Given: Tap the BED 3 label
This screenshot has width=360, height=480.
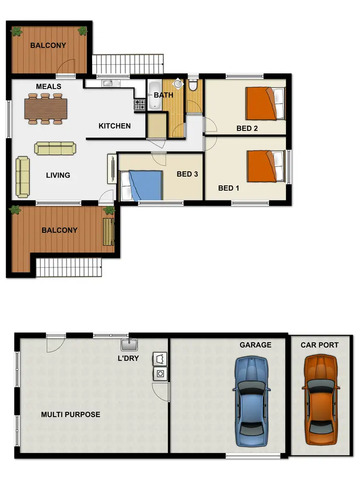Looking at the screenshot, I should click(x=187, y=174).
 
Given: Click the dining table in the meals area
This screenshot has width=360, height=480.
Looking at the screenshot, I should click(x=45, y=108).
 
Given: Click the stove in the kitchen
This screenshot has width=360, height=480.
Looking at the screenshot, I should click(x=139, y=103).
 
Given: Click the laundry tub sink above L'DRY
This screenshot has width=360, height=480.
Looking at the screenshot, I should click(x=129, y=344).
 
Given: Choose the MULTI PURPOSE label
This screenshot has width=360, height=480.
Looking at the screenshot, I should click(x=71, y=414).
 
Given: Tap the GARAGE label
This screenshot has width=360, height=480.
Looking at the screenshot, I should click(x=256, y=345).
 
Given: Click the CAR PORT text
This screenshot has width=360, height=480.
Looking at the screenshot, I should click(x=319, y=345).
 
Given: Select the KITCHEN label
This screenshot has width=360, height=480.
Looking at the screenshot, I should click(x=115, y=126).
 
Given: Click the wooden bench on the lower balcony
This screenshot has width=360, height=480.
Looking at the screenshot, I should click(x=108, y=232).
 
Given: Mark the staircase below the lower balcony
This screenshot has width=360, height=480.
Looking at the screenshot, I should click(x=70, y=267).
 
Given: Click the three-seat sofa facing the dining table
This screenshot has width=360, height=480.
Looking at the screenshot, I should click(x=55, y=148).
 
